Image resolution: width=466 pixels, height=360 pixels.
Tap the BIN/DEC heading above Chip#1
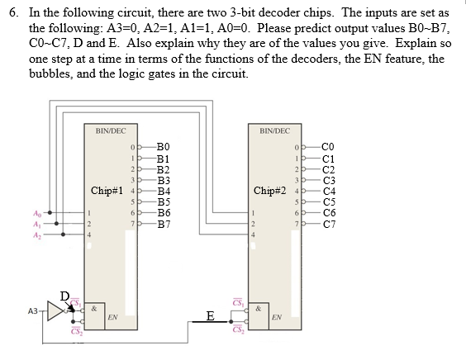click(x=111, y=131)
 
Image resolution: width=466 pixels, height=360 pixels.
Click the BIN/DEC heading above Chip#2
click(x=274, y=131)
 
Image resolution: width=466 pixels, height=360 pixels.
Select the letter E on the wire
click(x=211, y=315)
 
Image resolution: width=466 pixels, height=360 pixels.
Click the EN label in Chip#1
click(x=112, y=317)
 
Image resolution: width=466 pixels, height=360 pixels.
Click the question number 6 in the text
click(x=11, y=14)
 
